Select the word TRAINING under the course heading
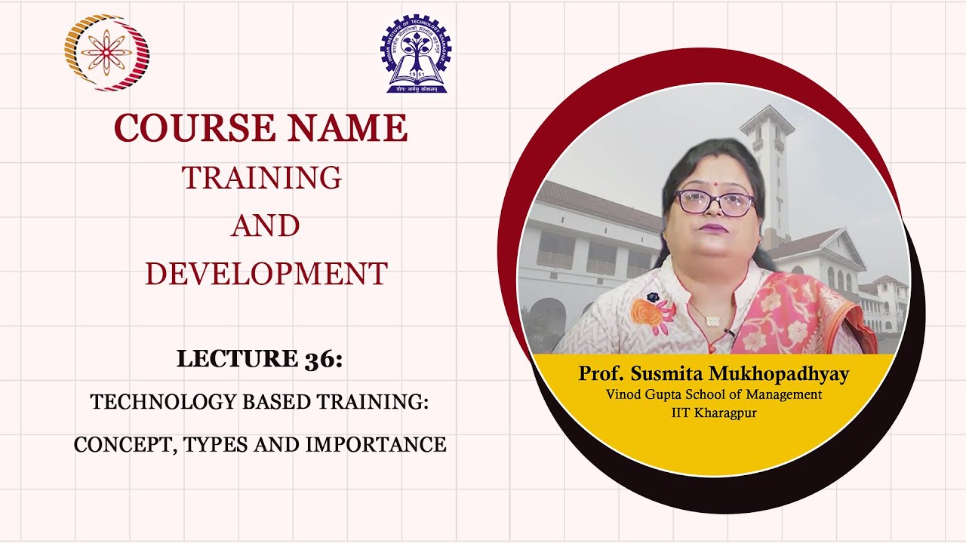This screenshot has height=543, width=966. [262, 178]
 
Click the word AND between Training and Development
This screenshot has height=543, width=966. [265, 225]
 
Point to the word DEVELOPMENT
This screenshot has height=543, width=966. [266, 273]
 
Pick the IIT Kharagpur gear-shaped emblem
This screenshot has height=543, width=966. [416, 53]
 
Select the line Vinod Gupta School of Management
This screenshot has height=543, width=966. [713, 394]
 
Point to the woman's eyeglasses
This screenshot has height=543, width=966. [714, 202]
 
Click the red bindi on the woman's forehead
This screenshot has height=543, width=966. [715, 179]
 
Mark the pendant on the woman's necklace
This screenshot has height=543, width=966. [711, 321]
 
